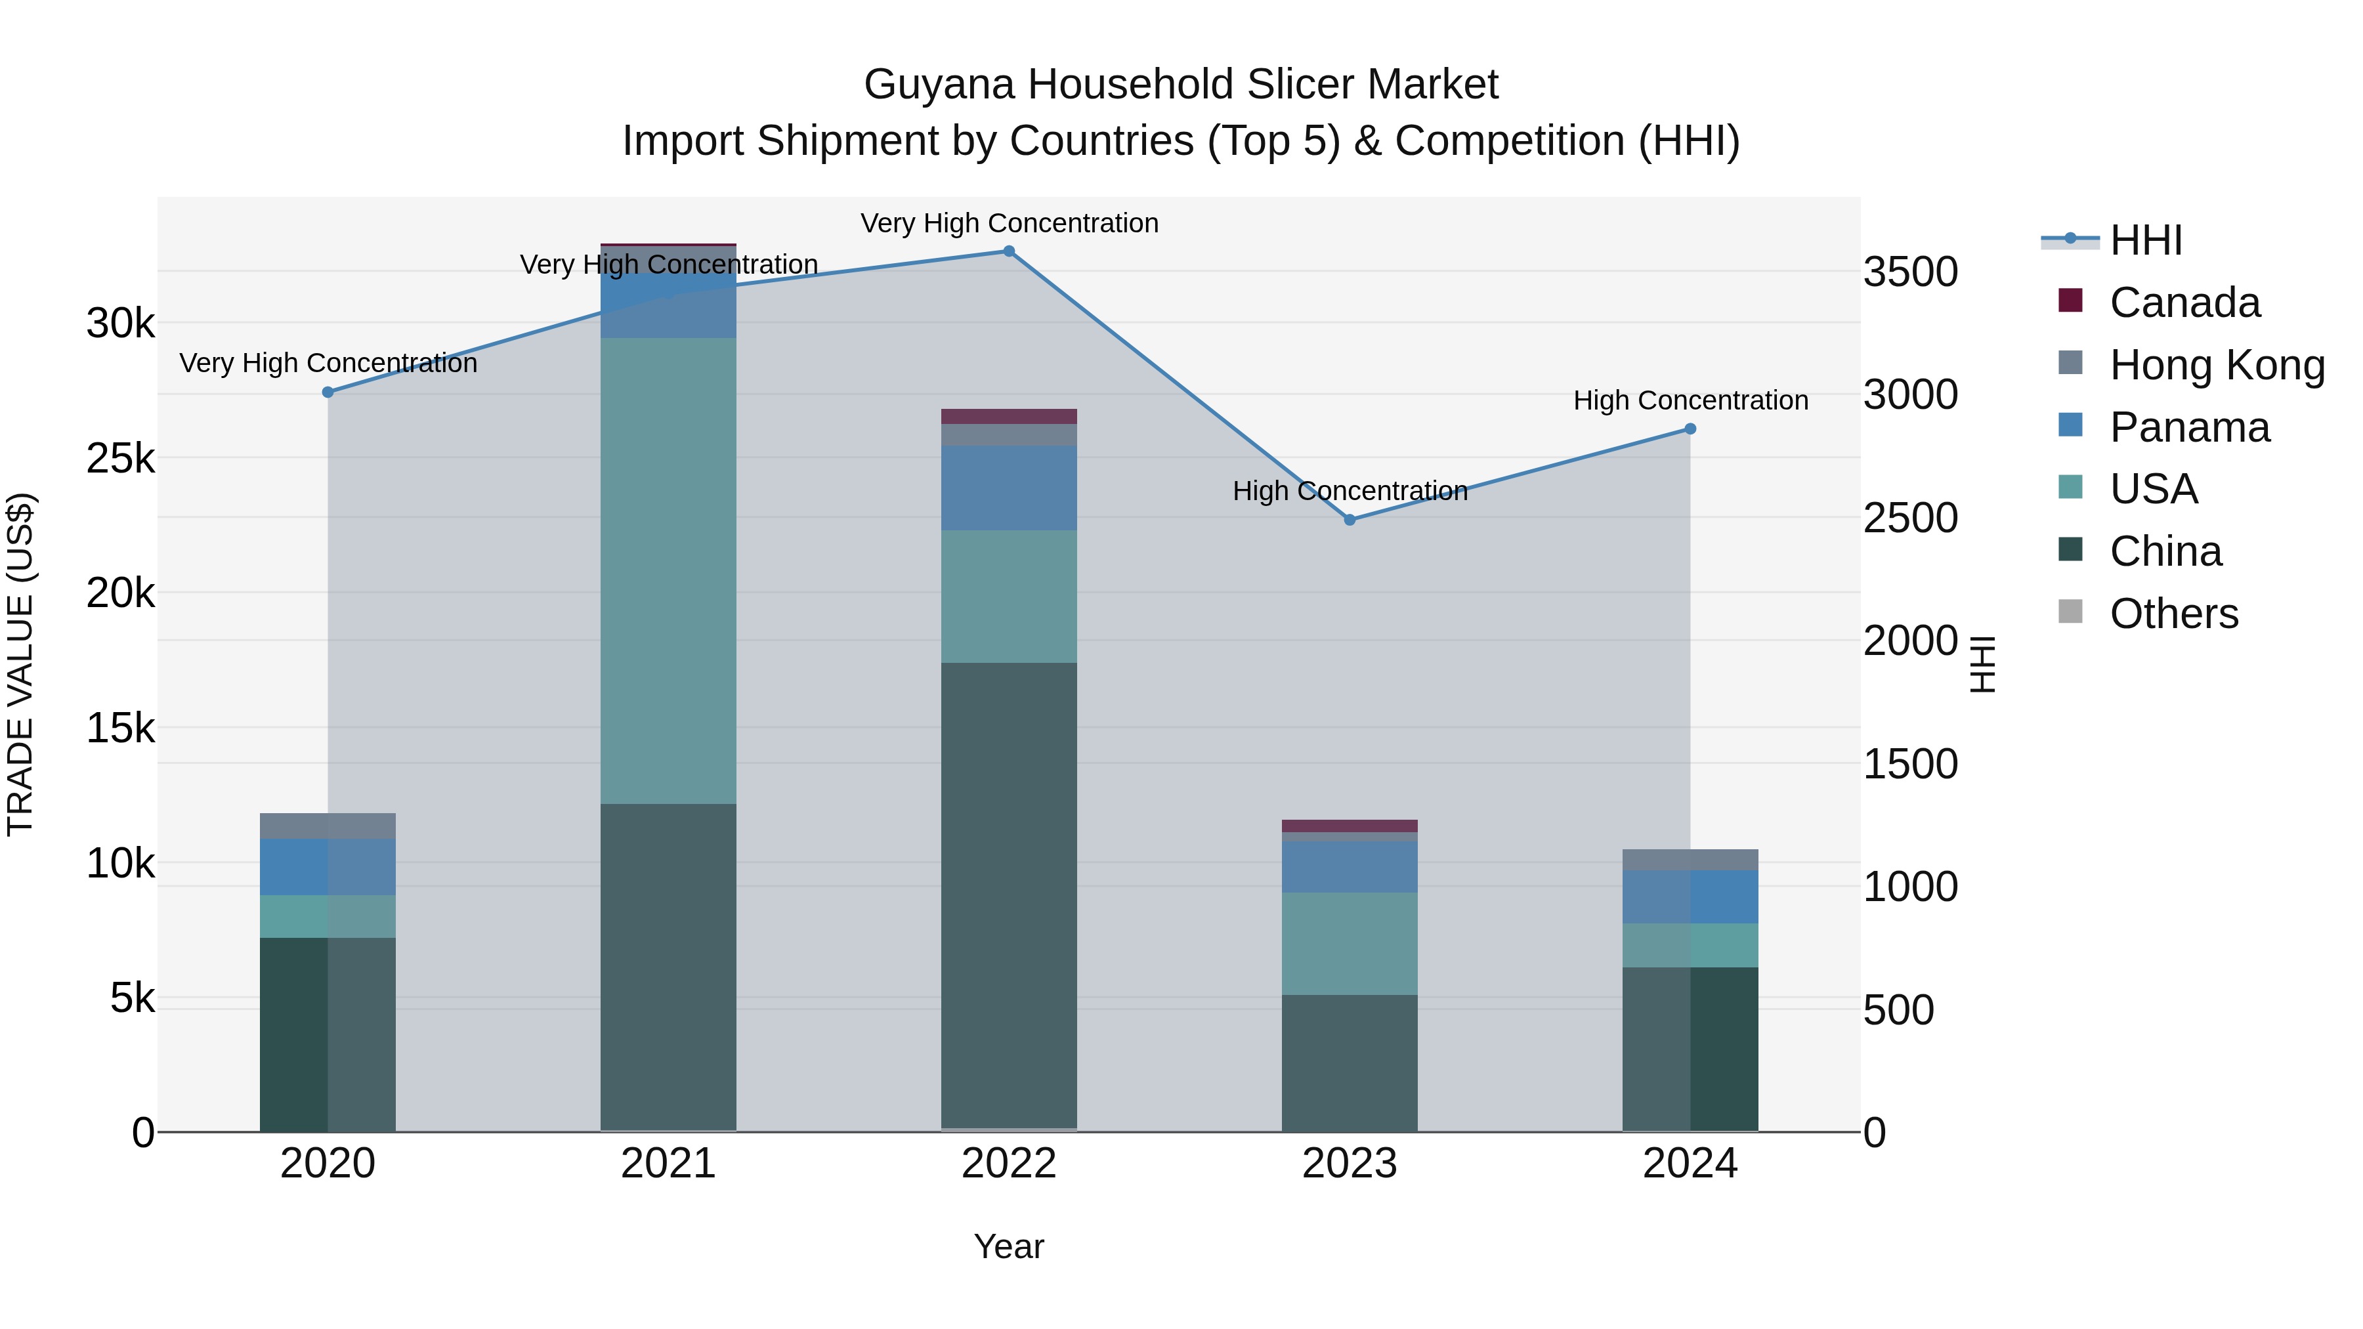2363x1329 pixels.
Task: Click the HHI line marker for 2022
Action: click(1008, 251)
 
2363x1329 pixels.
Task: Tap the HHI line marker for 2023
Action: click(1350, 520)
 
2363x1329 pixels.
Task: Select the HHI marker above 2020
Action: click(328, 392)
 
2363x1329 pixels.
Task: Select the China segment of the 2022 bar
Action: click(1008, 895)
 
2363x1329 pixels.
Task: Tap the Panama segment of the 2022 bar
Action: click(1008, 488)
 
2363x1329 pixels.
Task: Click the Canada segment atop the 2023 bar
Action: click(1350, 826)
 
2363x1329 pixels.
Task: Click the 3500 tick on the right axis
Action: click(1910, 272)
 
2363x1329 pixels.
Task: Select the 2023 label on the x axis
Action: click(1350, 1164)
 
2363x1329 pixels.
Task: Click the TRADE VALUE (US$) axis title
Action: click(20, 664)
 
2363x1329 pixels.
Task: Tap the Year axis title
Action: click(1008, 1246)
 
